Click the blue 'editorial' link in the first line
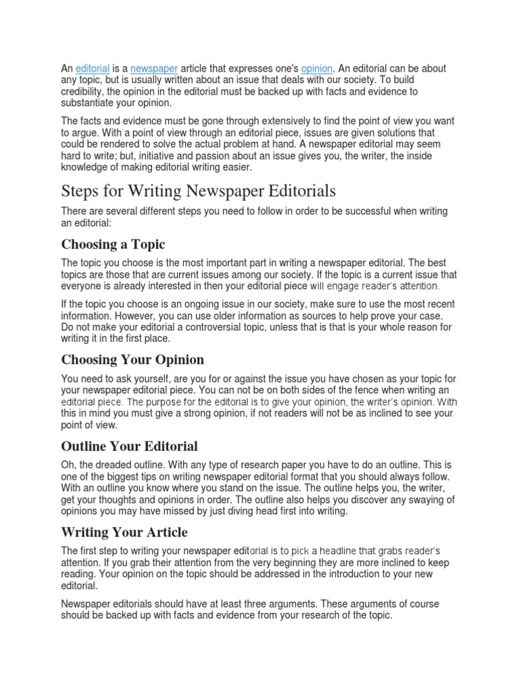[93, 69]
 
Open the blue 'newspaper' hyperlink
[154, 69]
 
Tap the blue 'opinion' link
[317, 69]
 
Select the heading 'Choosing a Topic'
[113, 243]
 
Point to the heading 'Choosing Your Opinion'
[132, 359]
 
